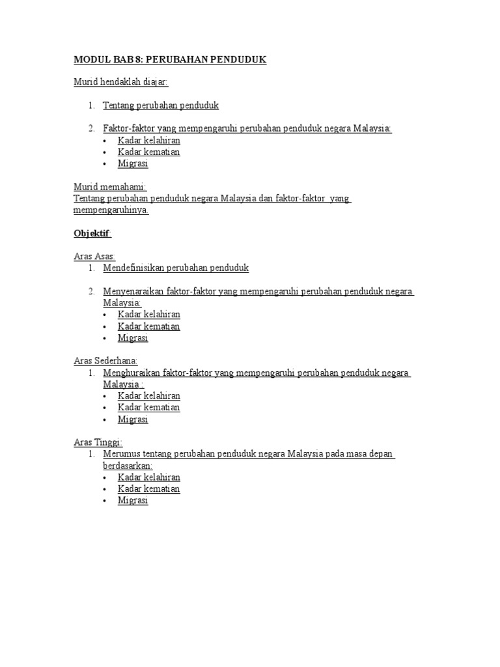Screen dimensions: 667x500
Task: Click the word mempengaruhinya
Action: (x=111, y=210)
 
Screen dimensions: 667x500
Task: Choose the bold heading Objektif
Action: (x=92, y=233)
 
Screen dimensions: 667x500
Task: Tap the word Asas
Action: (x=104, y=257)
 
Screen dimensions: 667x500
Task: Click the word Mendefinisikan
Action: (x=133, y=268)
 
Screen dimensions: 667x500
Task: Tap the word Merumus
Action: (x=120, y=454)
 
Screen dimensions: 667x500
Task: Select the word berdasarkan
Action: (x=127, y=466)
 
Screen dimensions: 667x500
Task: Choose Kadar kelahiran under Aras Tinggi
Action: (x=149, y=477)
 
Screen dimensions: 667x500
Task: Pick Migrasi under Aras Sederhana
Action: (x=133, y=419)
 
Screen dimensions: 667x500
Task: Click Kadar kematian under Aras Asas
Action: (x=149, y=326)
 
